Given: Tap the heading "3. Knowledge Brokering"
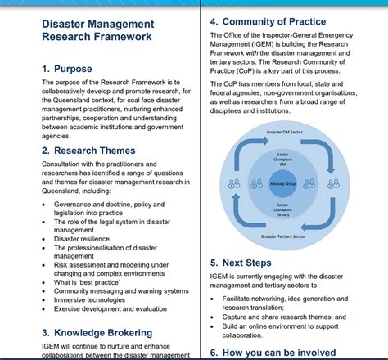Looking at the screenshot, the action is (97, 333).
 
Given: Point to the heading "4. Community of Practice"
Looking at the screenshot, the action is (268, 21).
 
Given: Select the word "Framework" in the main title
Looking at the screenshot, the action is (123, 37).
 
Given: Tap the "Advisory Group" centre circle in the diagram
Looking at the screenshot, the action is (282, 184).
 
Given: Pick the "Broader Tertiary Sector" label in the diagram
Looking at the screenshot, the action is (283, 236).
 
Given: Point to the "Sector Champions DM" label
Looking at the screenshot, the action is (282, 160).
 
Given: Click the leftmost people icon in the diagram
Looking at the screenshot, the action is (234, 183).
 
